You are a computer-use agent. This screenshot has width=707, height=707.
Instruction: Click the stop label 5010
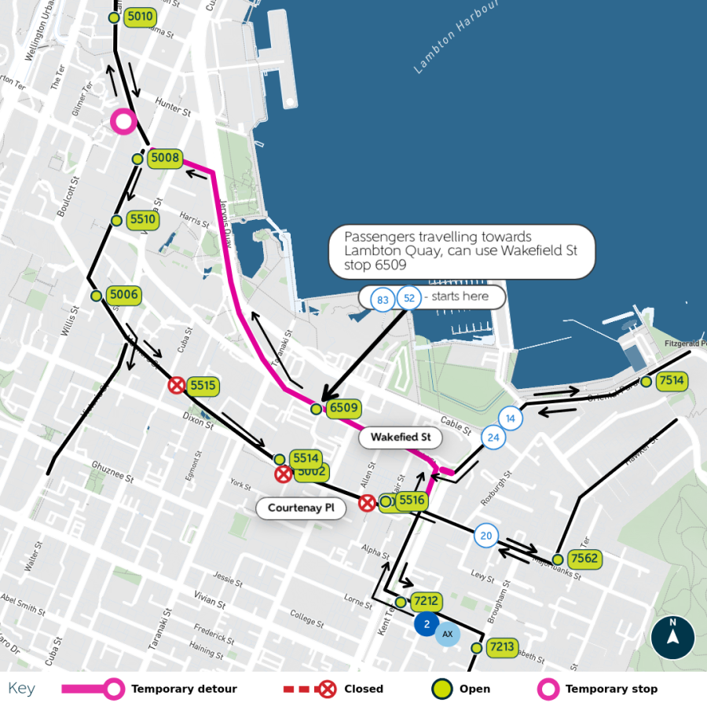(140, 16)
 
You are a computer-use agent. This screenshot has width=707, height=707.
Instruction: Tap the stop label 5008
(165, 158)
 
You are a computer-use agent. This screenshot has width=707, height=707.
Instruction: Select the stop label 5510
(142, 220)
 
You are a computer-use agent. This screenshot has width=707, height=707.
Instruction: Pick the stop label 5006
(123, 295)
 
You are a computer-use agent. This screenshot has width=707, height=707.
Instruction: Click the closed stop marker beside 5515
(177, 385)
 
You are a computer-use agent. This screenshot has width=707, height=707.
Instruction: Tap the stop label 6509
(343, 408)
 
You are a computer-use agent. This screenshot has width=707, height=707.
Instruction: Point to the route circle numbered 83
(383, 299)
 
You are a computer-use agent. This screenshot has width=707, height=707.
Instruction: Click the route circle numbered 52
(408, 298)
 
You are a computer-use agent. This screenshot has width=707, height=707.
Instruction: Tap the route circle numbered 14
(511, 418)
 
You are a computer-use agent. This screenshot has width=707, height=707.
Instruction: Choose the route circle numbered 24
(493, 438)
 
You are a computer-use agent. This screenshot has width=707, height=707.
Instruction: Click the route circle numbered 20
(485, 537)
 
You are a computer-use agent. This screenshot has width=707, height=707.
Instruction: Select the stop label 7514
(672, 381)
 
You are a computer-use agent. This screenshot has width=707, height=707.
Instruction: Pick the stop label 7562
(584, 559)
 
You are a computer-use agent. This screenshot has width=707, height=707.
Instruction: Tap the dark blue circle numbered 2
(427, 625)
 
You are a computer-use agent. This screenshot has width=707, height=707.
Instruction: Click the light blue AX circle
(448, 634)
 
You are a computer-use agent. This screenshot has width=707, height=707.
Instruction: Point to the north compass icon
(672, 637)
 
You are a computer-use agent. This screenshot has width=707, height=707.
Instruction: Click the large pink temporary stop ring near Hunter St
(123, 121)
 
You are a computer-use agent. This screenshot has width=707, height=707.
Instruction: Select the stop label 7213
(501, 647)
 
